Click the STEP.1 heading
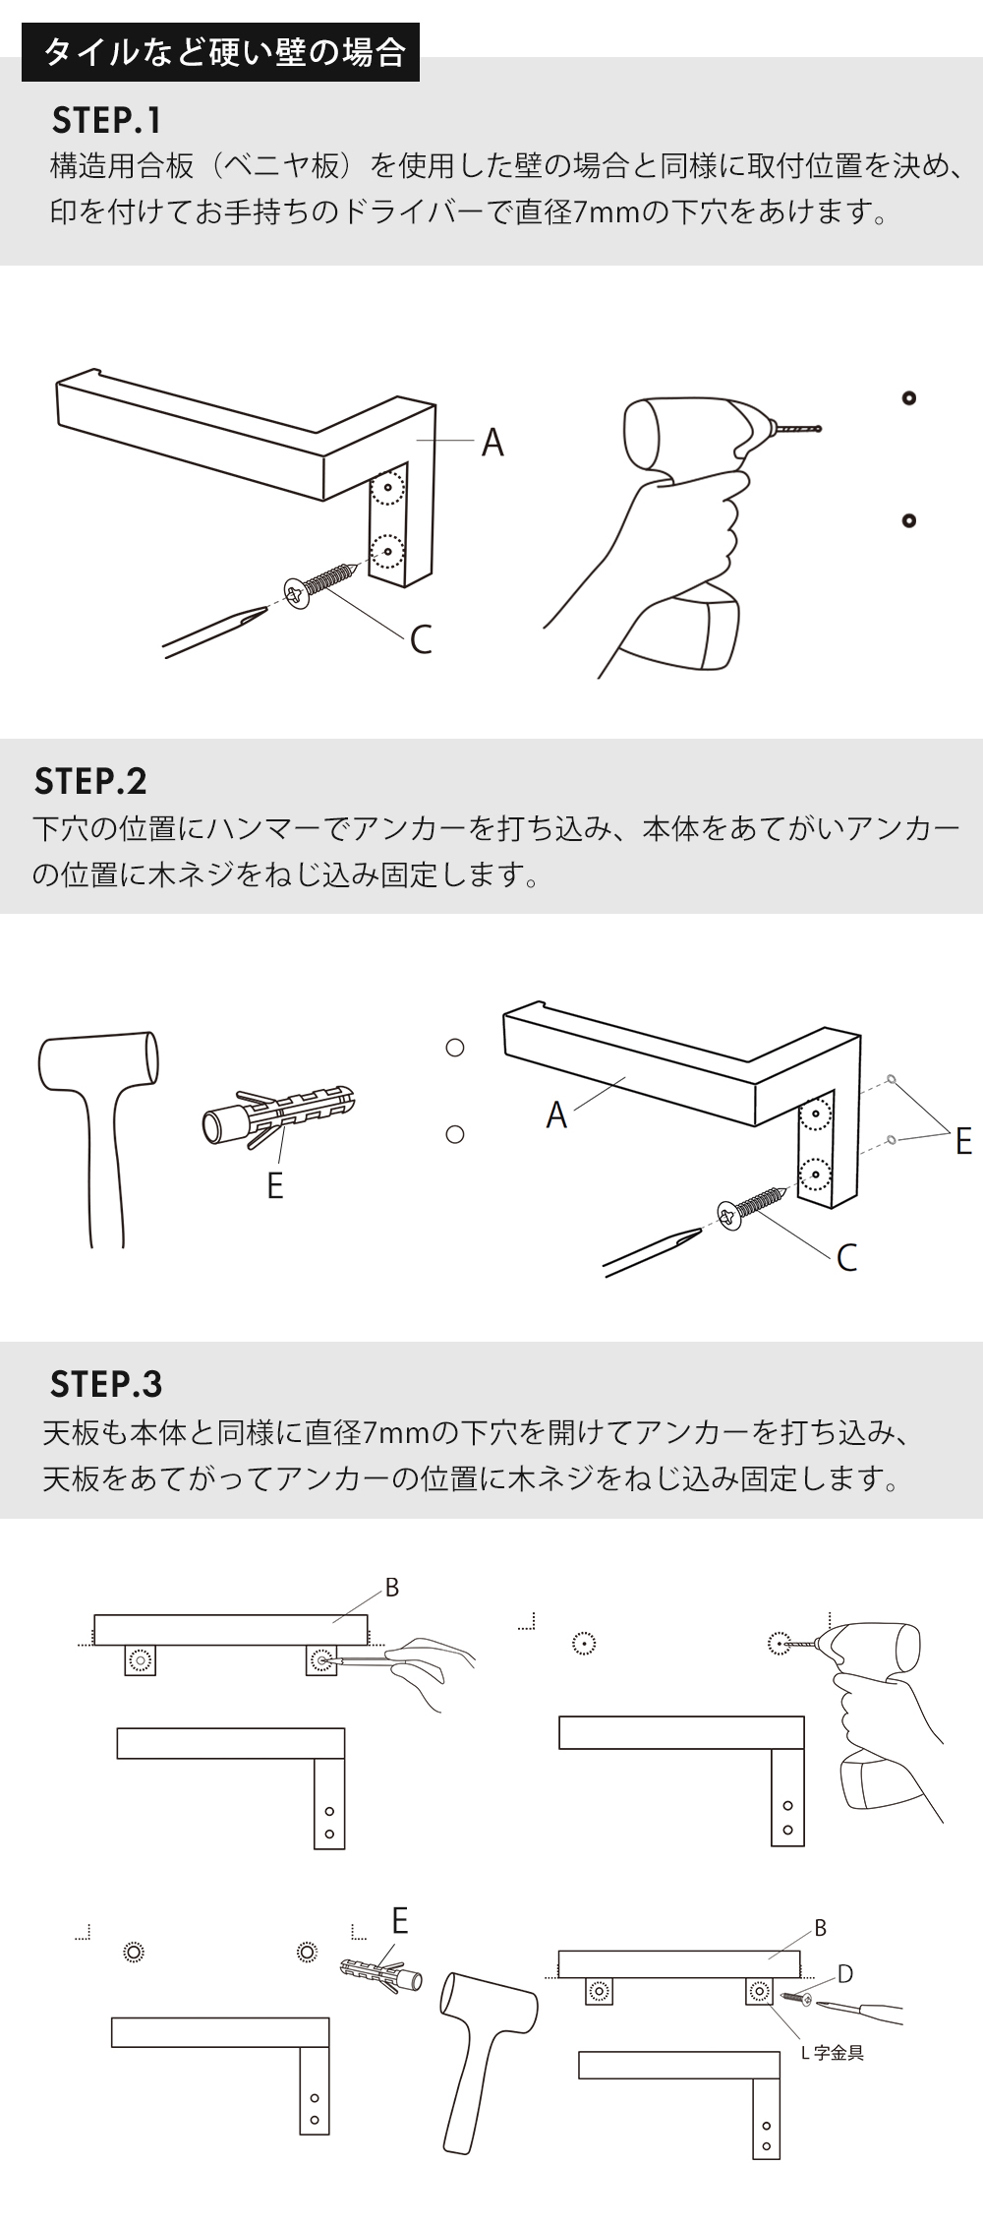click(106, 120)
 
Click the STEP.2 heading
click(89, 781)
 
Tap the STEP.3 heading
click(106, 1384)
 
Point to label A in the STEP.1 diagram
click(492, 443)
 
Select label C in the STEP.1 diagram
click(421, 639)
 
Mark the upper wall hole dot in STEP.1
click(908, 398)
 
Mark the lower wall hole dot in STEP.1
click(908, 520)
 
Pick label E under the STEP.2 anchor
click(275, 1185)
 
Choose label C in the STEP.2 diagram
click(846, 1257)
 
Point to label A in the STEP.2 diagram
click(556, 1114)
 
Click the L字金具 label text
click(833, 2053)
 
